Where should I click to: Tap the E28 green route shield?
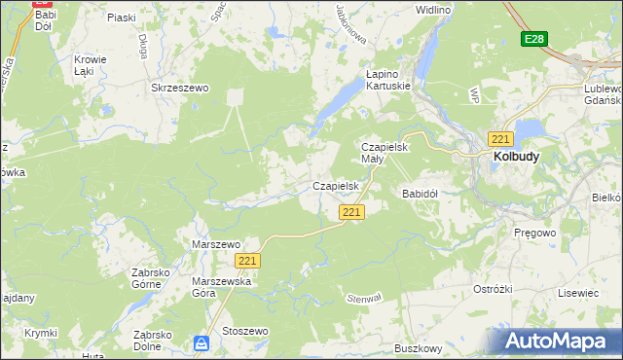coord(532,39)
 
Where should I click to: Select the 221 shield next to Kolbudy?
coord(501,138)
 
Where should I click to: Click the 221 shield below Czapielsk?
coord(351,212)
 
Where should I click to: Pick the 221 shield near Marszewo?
coord(248,261)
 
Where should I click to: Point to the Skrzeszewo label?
coord(180,88)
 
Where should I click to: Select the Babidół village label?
coord(421,194)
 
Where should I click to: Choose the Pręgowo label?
coord(532,234)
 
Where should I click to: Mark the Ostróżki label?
coord(493,290)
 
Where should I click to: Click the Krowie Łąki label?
coord(91,65)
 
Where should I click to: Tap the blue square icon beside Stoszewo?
coord(202,342)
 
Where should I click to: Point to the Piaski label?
coord(121,18)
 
